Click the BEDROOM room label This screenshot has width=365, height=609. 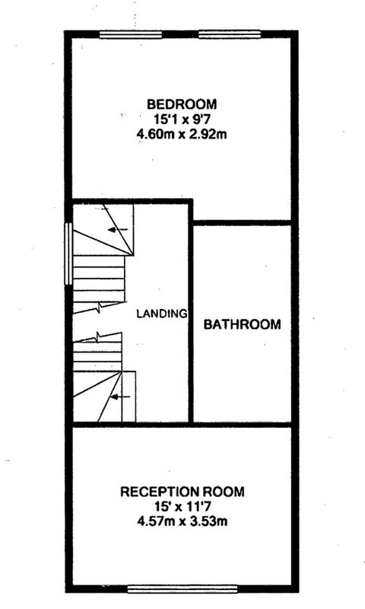point(182,104)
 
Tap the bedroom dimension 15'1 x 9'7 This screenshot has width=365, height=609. point(182,120)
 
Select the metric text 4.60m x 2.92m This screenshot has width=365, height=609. point(182,135)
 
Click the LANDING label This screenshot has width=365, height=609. point(162,314)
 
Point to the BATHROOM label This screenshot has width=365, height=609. point(243,324)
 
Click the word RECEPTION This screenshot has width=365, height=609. point(160,492)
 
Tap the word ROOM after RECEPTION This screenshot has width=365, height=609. point(225,492)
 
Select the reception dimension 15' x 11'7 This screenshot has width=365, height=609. point(182,506)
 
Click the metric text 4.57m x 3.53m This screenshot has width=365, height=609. point(182,521)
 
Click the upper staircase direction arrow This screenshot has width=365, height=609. point(118,230)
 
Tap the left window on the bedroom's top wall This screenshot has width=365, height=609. point(130,35)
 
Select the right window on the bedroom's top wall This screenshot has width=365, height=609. point(230,34)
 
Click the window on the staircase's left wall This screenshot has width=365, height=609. point(68,253)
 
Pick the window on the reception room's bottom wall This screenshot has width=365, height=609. point(182,588)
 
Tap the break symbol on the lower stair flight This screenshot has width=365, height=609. point(97,336)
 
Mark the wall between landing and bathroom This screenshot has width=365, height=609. point(191,311)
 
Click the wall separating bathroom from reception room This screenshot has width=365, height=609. point(243,425)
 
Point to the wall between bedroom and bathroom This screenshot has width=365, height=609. point(243,223)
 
